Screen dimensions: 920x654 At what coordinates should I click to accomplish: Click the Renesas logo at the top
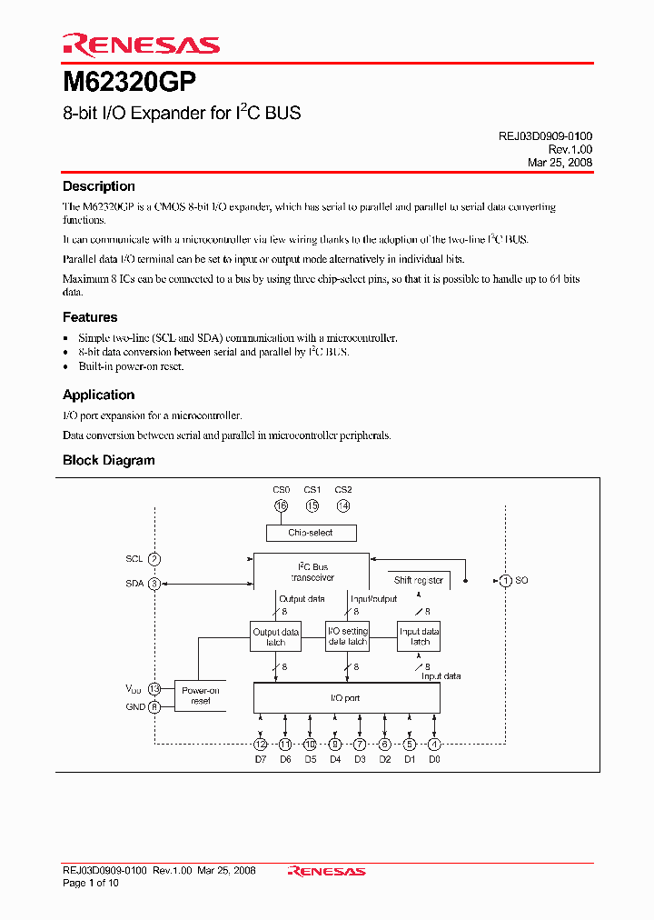pos(141,45)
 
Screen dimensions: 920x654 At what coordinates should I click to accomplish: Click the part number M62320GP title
pos(129,82)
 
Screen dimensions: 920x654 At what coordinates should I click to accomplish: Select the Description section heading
pos(98,186)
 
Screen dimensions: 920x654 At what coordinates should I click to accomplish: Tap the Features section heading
pos(90,317)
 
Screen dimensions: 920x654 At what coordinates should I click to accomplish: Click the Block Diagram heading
pos(108,460)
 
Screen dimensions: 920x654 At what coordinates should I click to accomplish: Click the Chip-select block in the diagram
pos(312,533)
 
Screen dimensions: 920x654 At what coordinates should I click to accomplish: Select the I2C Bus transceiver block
pos(312,572)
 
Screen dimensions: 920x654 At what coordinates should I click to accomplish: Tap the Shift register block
pos(419,579)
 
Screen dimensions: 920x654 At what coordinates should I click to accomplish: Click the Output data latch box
pos(275,636)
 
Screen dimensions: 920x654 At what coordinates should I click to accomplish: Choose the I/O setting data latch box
pos(347,636)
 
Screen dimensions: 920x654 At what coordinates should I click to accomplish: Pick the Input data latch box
pos(420,636)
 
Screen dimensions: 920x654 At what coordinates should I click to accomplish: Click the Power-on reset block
pos(201,695)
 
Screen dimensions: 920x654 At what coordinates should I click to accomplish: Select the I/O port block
pos(346,698)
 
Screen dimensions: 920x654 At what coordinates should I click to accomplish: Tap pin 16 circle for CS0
pos(281,505)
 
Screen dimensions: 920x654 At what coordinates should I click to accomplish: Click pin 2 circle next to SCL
pos(154,559)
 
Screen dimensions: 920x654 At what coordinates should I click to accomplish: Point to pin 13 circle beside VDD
pos(154,689)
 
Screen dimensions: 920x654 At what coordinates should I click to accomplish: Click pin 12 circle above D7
pos(261,744)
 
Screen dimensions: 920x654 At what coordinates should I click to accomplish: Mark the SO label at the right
pos(521,580)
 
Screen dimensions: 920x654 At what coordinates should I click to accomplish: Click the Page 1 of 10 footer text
pos(91,883)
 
